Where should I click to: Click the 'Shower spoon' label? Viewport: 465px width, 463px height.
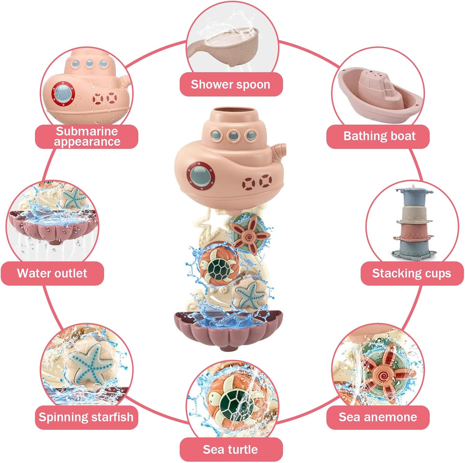(x=231, y=84)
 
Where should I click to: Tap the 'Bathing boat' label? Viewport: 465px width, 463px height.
(x=379, y=136)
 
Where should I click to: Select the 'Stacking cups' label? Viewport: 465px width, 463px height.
(x=411, y=273)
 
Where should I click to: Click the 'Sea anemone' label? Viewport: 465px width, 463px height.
(x=378, y=417)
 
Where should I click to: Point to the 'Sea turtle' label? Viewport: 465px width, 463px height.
(x=230, y=449)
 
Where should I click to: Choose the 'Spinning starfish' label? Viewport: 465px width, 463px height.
(x=86, y=417)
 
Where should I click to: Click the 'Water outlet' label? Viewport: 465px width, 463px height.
(x=52, y=273)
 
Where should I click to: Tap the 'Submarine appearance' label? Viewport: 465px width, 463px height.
(x=87, y=136)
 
